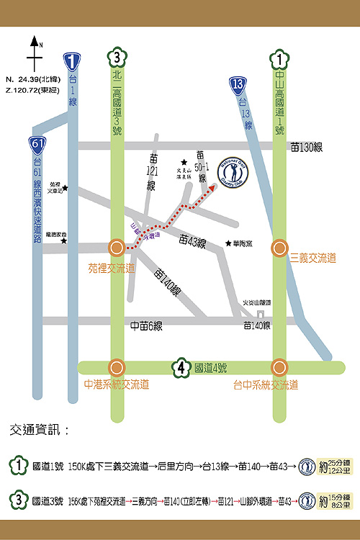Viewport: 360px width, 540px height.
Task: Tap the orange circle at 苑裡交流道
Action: click(116, 248)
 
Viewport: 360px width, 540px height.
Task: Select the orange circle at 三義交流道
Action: click(279, 248)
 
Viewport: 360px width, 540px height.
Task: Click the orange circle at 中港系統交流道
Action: click(116, 367)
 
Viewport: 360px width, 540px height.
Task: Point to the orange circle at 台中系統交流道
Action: click(279, 367)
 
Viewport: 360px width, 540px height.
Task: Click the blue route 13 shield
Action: click(239, 84)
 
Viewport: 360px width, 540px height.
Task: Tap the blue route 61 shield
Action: click(39, 144)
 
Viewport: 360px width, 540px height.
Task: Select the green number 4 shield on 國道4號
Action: click(181, 368)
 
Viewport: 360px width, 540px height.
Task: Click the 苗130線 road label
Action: click(306, 146)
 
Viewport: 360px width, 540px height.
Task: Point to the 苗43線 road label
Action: click(192, 243)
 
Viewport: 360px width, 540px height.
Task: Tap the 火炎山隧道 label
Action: click(256, 303)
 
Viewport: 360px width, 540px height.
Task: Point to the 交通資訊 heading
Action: click(40, 431)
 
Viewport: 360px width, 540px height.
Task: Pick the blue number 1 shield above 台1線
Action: click(70, 61)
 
